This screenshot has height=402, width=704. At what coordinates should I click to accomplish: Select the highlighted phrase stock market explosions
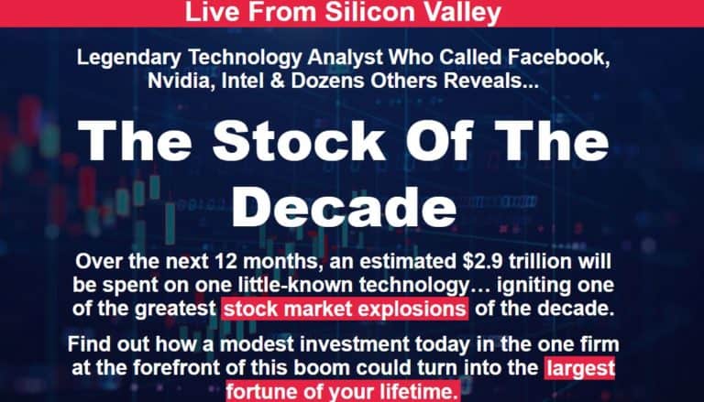pyautogui.click(x=345, y=308)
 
